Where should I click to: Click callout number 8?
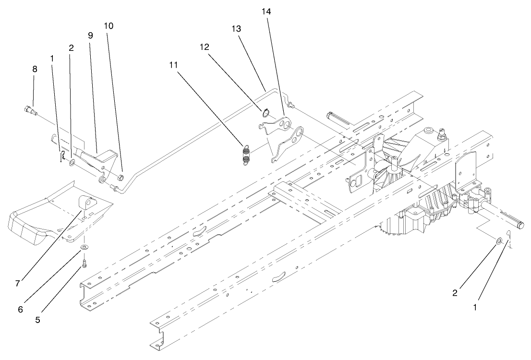click(34, 69)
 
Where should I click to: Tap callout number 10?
click(109, 26)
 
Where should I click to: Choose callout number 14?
click(266, 12)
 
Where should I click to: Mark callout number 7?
click(17, 283)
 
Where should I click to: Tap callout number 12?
click(205, 47)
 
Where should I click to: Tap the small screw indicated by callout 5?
click(84, 263)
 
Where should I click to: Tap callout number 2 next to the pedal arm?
click(71, 48)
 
